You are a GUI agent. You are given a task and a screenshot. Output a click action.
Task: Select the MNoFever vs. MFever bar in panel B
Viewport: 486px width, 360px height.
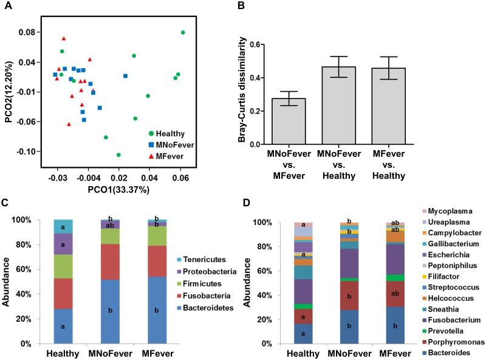coord(289,122)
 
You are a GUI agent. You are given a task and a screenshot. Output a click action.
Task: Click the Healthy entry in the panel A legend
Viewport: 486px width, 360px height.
coord(169,133)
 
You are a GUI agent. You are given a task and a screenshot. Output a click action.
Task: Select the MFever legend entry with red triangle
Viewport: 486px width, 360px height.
coord(168,156)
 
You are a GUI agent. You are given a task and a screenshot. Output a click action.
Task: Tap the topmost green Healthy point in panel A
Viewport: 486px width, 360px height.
coord(183,32)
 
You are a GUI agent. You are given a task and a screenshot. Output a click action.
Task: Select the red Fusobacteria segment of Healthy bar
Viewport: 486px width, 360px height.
coord(63,291)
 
